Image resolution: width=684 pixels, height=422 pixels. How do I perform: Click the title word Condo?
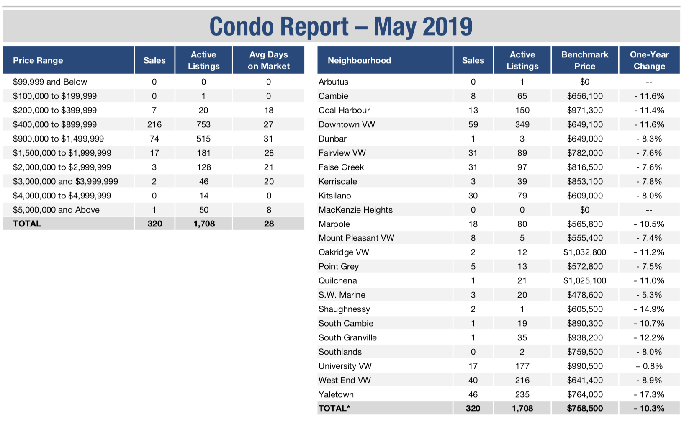[x=242, y=26]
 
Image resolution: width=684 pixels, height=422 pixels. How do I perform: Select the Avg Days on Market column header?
[x=268, y=60]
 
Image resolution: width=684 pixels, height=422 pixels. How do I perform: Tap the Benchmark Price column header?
[x=585, y=60]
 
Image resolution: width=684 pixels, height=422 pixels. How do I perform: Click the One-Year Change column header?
[x=649, y=60]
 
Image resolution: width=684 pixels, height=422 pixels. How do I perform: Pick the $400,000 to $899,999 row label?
[x=55, y=124]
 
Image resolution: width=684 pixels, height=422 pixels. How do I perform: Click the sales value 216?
[x=154, y=124]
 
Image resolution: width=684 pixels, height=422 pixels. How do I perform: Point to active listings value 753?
[x=203, y=124]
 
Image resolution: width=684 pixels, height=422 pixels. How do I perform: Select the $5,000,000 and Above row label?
[x=56, y=210]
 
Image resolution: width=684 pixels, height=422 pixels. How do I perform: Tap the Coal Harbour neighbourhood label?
[x=344, y=110]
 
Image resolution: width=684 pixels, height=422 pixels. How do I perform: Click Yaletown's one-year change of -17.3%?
[x=649, y=394]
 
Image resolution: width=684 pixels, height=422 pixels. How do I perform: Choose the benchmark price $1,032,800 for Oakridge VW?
[x=585, y=252]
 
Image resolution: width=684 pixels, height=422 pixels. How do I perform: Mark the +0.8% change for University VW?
[x=649, y=366]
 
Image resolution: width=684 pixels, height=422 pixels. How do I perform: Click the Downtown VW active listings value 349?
[x=522, y=124]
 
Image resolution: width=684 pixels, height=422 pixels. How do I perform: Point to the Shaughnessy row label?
[x=344, y=309]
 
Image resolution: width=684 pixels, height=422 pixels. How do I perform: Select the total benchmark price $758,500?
[x=585, y=408]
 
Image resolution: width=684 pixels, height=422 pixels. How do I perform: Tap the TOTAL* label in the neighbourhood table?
[x=334, y=408]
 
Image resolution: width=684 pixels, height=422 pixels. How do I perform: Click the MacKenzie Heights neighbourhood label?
[x=355, y=210]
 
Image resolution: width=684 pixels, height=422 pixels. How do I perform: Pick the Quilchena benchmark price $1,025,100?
[x=585, y=280]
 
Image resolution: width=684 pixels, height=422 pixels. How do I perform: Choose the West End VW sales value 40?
[x=473, y=380]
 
